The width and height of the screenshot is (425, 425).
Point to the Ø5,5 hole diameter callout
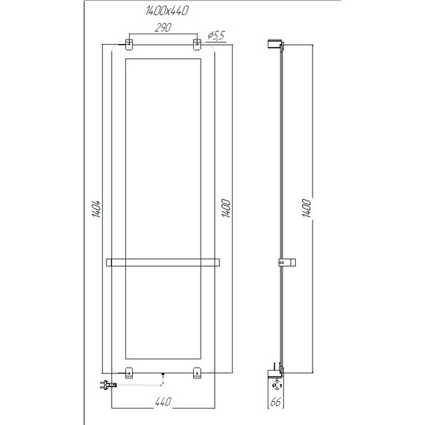click(x=216, y=34)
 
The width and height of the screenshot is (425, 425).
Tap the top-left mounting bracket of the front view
click(x=129, y=45)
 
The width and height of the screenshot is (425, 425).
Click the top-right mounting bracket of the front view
click(x=198, y=45)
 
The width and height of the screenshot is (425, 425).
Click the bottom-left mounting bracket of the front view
click(x=129, y=372)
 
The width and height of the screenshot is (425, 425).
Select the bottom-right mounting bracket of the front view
click(x=198, y=372)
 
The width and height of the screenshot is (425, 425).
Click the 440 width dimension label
click(x=165, y=402)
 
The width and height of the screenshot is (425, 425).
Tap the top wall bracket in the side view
click(x=274, y=45)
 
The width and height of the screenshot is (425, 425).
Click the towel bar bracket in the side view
click(x=286, y=262)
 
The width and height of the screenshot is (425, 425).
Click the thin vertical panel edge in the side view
click(x=280, y=149)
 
